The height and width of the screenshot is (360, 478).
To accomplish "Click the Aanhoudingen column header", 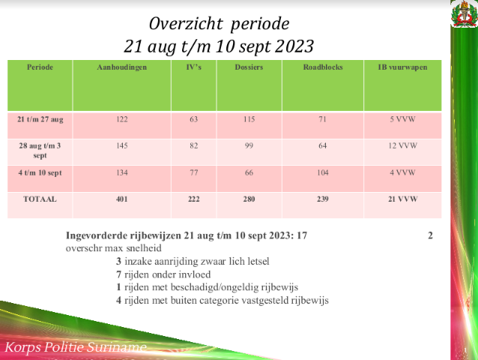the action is (x=121, y=67).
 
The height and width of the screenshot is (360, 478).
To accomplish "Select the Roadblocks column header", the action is (x=323, y=67).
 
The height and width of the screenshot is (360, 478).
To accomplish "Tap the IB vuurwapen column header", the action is (x=402, y=67).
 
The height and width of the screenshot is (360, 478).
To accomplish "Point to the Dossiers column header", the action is (x=249, y=67).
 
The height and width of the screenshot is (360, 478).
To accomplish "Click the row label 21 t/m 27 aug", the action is (x=40, y=119).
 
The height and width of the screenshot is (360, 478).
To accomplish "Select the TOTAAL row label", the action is (x=40, y=199).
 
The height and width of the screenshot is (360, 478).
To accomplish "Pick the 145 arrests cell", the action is (x=121, y=145).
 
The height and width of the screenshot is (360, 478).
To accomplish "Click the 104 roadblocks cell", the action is (x=323, y=172).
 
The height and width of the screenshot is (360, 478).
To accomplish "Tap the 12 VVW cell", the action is (x=402, y=145).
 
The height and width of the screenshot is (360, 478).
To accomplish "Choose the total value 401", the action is (x=121, y=199).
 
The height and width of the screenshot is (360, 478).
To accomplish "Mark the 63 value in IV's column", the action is (x=193, y=119).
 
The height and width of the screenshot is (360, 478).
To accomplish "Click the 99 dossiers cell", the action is (x=249, y=145).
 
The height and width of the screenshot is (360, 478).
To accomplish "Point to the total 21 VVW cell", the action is (x=402, y=199).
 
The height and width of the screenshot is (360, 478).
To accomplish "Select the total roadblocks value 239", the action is (x=323, y=199).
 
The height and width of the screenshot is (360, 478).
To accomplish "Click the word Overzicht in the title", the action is (x=186, y=23).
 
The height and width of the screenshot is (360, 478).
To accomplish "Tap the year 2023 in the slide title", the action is (x=294, y=46).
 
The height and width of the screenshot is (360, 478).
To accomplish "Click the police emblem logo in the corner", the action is (x=465, y=14).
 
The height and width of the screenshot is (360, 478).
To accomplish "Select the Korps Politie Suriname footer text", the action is (x=76, y=347).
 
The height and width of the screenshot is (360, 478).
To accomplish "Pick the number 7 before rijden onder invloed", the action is (x=118, y=274).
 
